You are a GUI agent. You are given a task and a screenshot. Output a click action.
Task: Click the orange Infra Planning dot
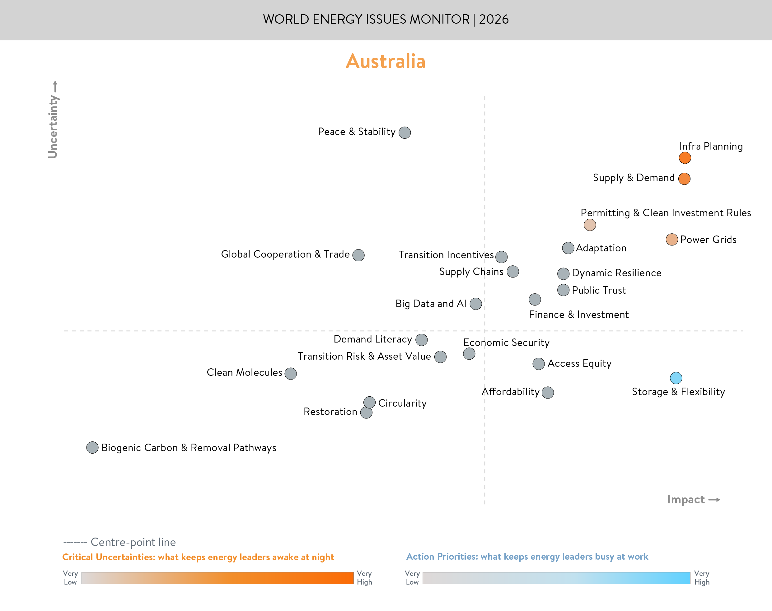685,158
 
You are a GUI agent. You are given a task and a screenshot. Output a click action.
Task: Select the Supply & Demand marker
684,179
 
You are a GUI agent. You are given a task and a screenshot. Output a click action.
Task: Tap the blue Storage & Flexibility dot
676,378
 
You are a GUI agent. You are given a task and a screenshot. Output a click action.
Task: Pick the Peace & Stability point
405,132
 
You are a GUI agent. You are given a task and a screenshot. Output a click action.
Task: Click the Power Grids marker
671,239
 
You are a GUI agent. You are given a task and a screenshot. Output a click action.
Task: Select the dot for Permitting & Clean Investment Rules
590,225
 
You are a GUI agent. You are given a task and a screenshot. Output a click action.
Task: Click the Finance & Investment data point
535,299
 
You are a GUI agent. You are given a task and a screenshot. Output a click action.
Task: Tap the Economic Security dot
469,354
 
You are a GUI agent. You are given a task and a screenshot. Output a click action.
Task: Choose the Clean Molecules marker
291,373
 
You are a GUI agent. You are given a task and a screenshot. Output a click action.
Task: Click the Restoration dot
366,413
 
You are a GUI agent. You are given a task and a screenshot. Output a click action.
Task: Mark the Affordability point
548,392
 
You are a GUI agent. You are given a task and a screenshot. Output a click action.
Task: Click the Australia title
385,61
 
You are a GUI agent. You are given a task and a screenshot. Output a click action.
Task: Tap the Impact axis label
685,499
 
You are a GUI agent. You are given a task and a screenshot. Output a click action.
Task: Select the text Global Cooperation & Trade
285,254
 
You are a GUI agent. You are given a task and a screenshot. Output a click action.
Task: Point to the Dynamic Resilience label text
616,273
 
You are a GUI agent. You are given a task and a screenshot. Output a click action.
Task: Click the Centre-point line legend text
133,542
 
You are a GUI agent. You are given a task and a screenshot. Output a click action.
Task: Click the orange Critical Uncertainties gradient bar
217,578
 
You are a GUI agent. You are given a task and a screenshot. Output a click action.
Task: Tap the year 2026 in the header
494,19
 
